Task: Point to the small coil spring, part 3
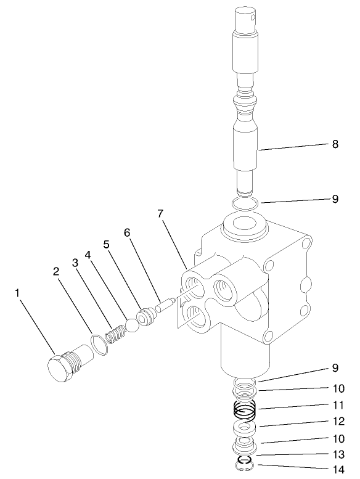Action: tap(118, 335)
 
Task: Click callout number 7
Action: tap(160, 213)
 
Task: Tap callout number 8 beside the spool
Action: tap(335, 144)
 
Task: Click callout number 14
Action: tap(335, 469)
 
